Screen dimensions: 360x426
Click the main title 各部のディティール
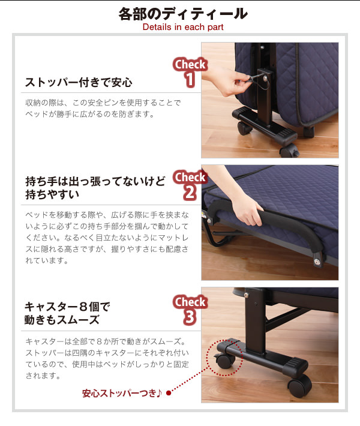coord(183,14)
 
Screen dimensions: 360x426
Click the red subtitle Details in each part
coord(183,27)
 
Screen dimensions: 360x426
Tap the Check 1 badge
coord(190,72)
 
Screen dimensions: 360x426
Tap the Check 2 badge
coord(190,185)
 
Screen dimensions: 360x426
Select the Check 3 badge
coord(190,310)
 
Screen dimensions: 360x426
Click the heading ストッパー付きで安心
coord(79,82)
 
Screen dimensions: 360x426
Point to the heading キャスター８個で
coord(67,307)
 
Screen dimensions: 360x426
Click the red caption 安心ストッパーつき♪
coord(122,393)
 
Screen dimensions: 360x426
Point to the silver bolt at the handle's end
coord(317,262)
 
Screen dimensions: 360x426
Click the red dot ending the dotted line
coord(169,393)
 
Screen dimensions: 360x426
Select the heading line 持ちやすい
coord(52,194)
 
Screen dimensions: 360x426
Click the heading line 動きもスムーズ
coord(62,320)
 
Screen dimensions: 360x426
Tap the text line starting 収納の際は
coord(103,103)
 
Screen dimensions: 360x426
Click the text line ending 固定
coord(107,364)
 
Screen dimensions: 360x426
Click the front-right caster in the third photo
coord(299,386)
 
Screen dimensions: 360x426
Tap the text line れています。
coord(47,260)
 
